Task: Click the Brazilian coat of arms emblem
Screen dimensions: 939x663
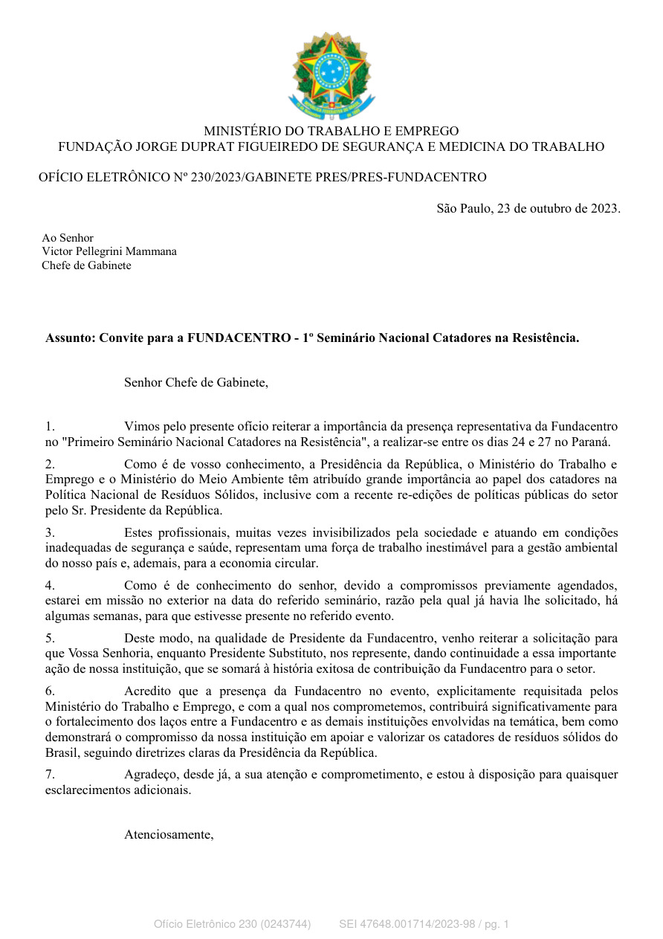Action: [x=331, y=77]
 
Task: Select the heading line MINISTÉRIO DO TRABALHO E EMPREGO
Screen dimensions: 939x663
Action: [x=331, y=131]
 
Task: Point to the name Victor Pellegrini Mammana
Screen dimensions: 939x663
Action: [x=109, y=251]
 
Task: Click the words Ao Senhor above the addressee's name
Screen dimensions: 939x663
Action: [x=68, y=238]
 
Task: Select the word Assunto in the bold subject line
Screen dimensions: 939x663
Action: [x=70, y=338]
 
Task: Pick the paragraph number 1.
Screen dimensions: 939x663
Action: [x=50, y=427]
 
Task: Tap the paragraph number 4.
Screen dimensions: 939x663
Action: [x=50, y=586]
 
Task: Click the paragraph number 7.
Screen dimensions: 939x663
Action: [x=50, y=775]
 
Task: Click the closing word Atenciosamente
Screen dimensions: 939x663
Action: [x=169, y=834]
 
